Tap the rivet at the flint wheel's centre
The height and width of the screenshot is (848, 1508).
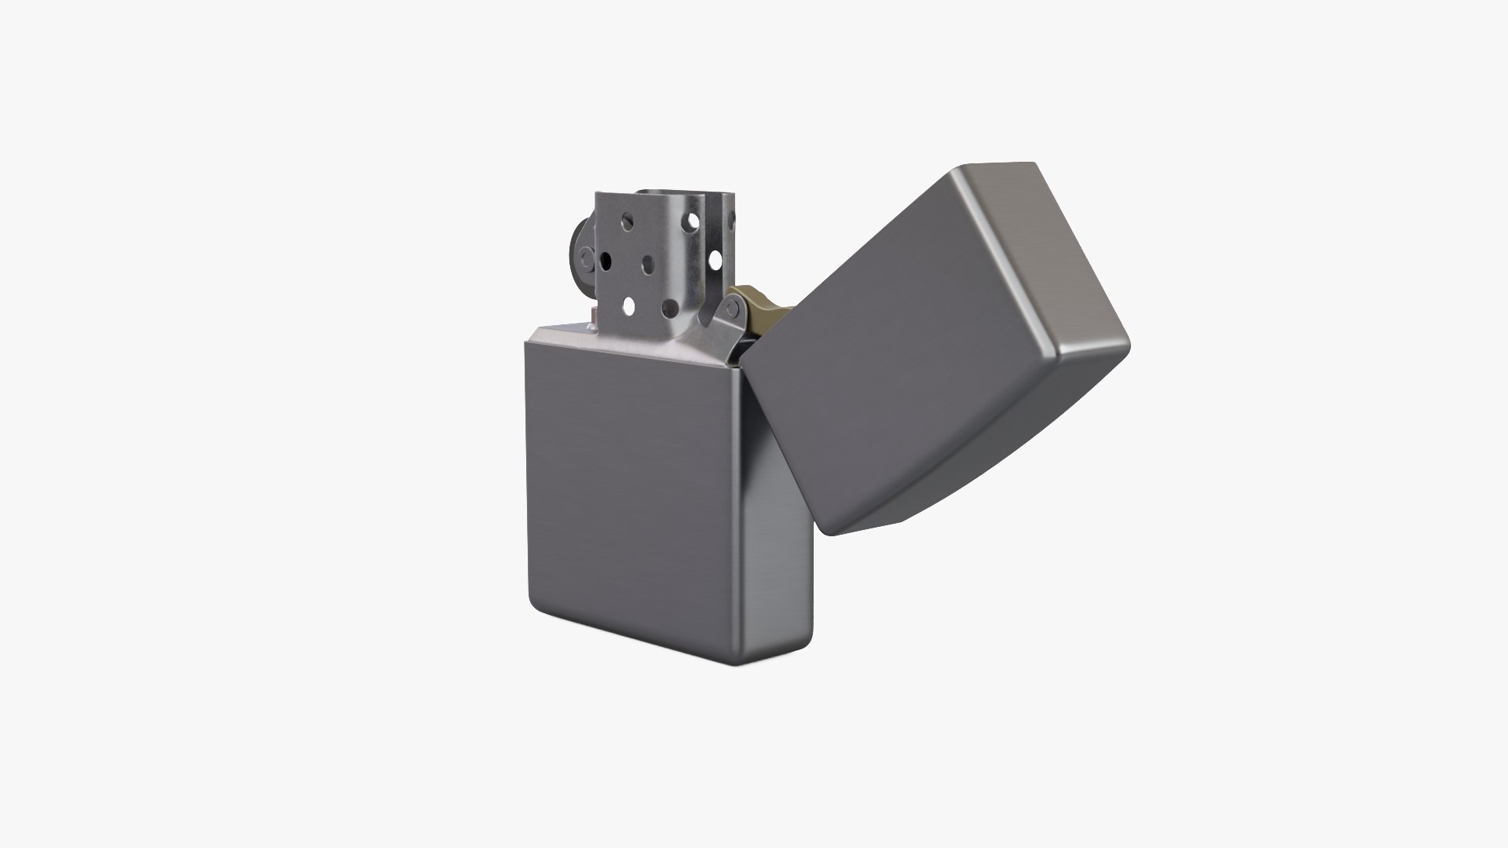click(x=586, y=258)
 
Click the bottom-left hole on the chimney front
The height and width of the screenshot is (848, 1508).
click(x=629, y=306)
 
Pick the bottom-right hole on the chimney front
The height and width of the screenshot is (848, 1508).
click(x=670, y=309)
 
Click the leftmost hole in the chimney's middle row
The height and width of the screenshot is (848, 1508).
click(x=606, y=261)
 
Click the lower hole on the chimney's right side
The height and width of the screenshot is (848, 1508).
click(x=715, y=260)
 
